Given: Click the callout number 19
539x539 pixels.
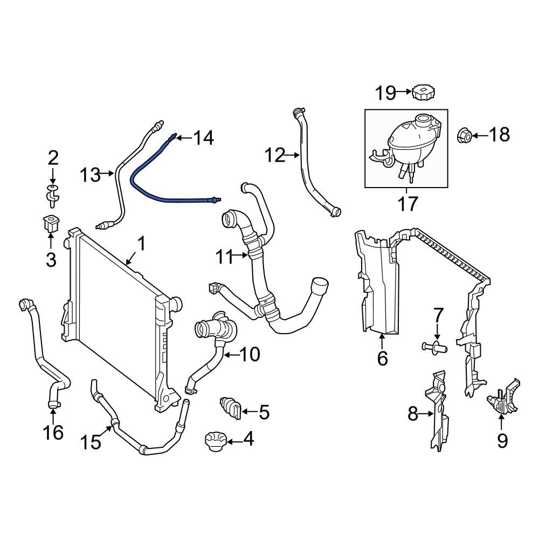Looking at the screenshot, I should pyautogui.click(x=385, y=93).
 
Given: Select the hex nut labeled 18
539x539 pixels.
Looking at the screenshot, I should pyautogui.click(x=466, y=135).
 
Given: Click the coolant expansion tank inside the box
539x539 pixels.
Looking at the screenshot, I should pyautogui.click(x=412, y=140).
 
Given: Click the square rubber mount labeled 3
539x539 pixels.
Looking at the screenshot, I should pyautogui.click(x=50, y=224).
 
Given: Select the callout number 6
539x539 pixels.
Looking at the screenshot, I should pyautogui.click(x=382, y=358).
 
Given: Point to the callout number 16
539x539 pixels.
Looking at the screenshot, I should pyautogui.click(x=53, y=432).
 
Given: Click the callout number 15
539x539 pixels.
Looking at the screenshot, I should pyautogui.click(x=91, y=442).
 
